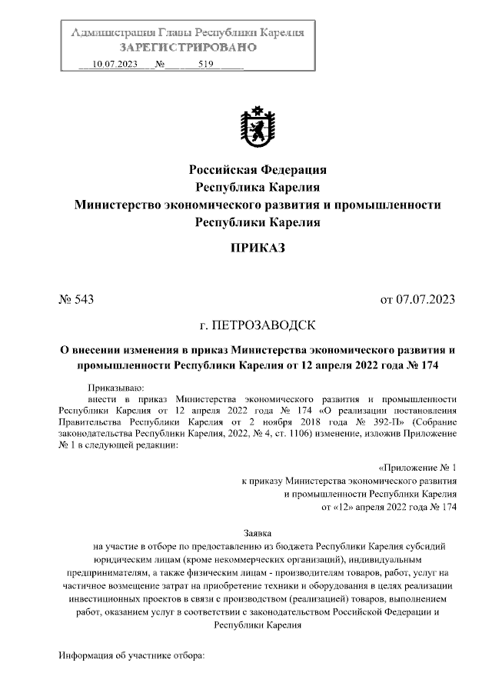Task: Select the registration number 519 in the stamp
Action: point(204,65)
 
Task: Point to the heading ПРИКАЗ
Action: point(258,247)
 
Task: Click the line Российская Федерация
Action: point(258,168)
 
